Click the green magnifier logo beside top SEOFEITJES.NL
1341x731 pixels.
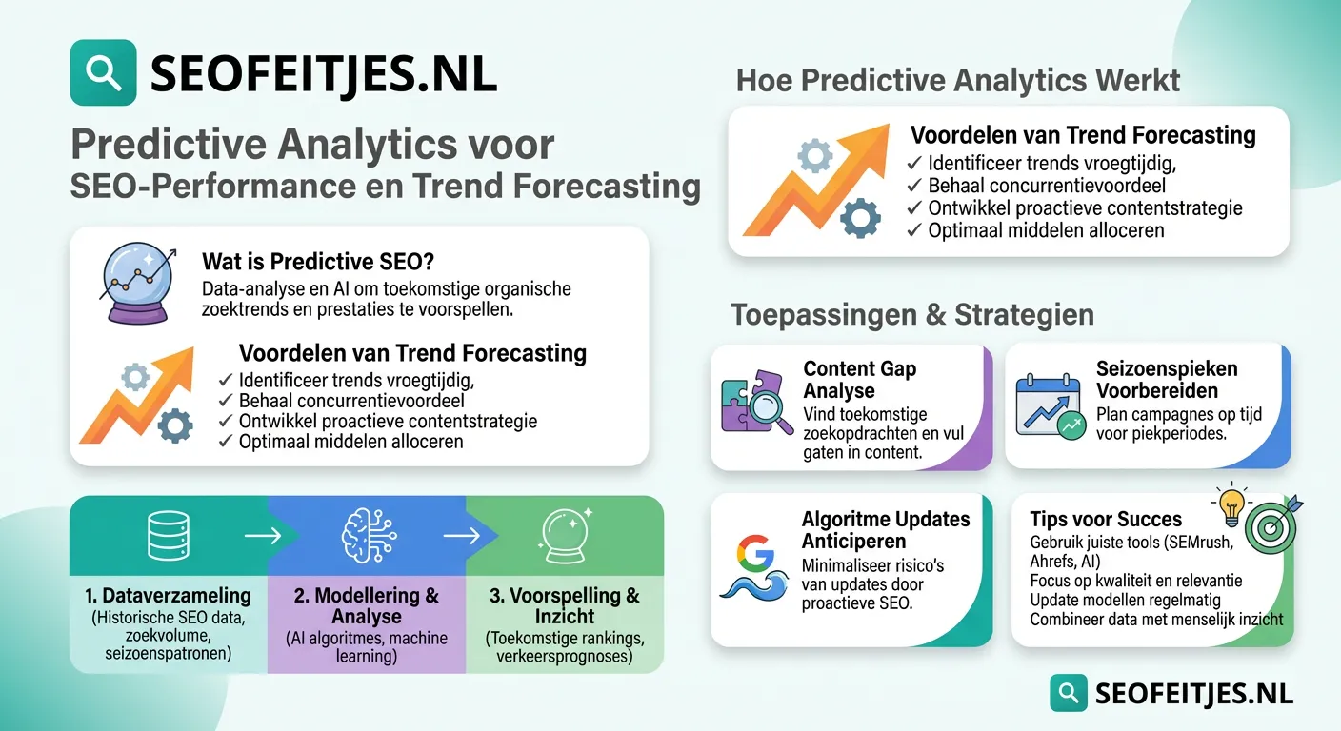point(103,72)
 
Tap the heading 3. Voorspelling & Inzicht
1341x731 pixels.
point(564,606)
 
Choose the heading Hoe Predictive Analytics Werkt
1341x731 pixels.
point(958,81)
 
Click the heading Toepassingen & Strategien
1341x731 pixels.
point(911,315)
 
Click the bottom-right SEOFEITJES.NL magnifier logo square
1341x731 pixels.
point(1069,692)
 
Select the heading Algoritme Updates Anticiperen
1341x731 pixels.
point(885,529)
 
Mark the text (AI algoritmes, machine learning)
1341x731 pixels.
point(367,647)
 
